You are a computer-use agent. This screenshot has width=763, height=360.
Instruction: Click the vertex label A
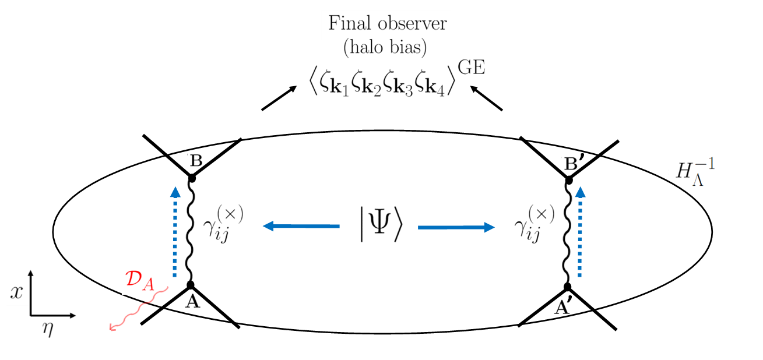tap(189, 302)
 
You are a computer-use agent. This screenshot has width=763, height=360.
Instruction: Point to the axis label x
tap(17, 292)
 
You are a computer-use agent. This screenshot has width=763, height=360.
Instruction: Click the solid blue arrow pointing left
tap(301, 226)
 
